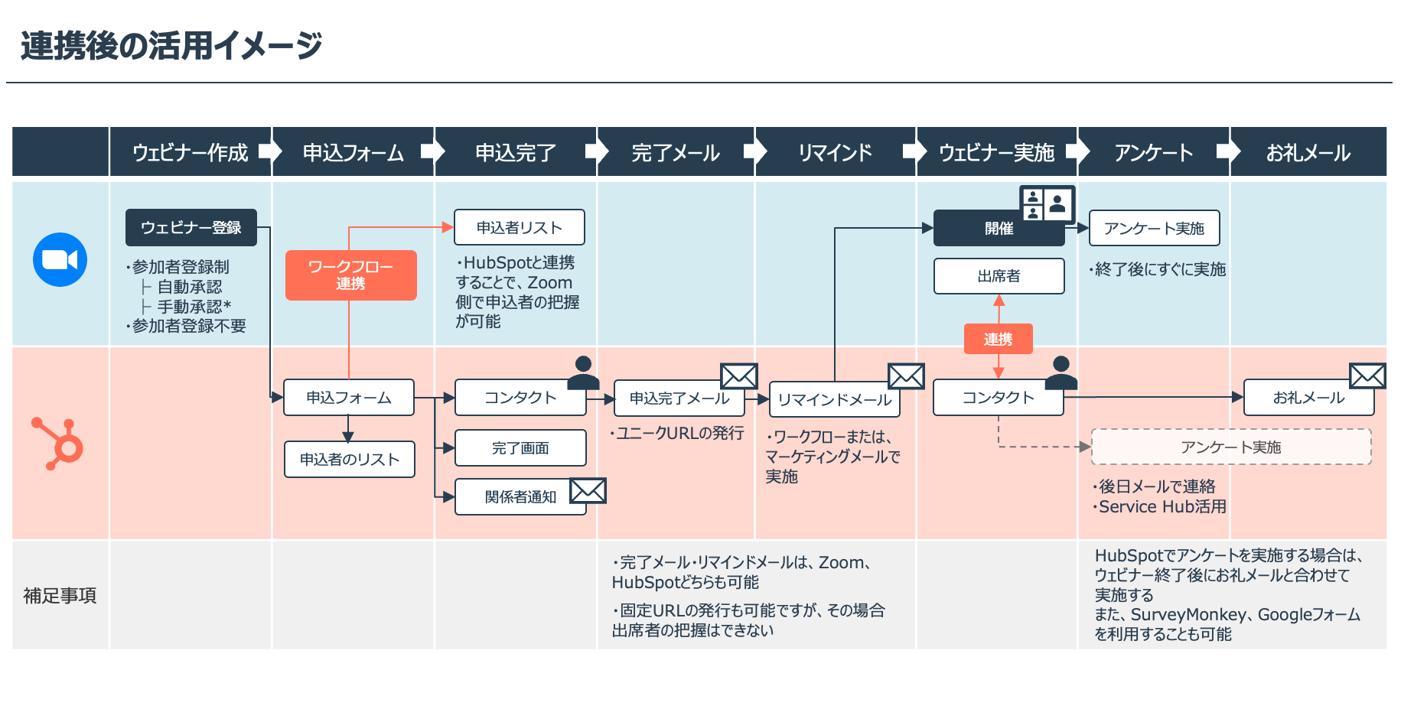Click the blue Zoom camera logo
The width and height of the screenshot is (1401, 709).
click(x=60, y=260)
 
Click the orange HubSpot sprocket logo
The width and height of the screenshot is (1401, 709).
click(x=60, y=444)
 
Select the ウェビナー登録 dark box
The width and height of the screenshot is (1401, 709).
click(x=191, y=228)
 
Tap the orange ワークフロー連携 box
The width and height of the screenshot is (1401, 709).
click(x=350, y=275)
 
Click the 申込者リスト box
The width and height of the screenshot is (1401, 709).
click(x=519, y=228)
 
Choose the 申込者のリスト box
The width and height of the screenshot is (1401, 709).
click(x=350, y=460)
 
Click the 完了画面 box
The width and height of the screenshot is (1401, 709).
click(x=520, y=448)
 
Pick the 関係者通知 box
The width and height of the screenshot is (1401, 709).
click(x=520, y=497)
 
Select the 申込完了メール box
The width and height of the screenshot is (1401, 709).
click(x=679, y=398)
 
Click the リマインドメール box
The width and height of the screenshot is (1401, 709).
click(x=834, y=400)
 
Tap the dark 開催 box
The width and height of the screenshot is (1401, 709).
click(x=999, y=229)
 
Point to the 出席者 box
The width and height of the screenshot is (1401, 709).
click(x=999, y=276)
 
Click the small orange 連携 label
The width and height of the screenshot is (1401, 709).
click(x=998, y=339)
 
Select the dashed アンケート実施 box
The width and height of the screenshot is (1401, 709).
click(x=1230, y=447)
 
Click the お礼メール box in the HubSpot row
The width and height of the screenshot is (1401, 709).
click(x=1308, y=398)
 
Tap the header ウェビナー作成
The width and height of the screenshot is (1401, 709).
click(x=191, y=153)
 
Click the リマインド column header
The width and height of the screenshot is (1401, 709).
click(x=835, y=153)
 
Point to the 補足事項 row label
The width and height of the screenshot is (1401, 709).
click(x=60, y=596)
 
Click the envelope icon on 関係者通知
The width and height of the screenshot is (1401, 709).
click(x=588, y=491)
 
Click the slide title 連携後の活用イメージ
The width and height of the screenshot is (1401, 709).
click(x=171, y=46)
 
